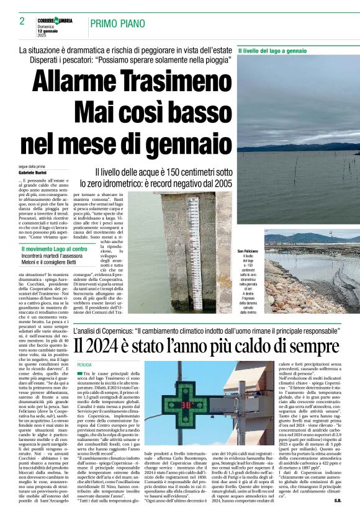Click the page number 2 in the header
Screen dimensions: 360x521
click(22, 21)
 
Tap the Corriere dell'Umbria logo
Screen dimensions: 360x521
click(55, 20)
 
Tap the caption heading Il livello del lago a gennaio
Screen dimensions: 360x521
click(272, 50)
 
